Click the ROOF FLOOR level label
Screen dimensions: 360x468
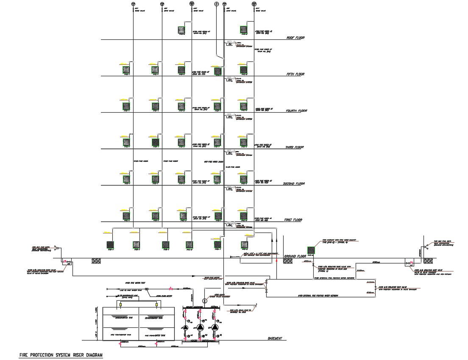(295, 38)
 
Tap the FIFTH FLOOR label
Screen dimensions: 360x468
(296, 74)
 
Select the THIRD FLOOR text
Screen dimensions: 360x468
(295, 147)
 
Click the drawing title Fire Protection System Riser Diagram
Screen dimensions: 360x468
(61, 355)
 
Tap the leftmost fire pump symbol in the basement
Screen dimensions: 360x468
(185, 327)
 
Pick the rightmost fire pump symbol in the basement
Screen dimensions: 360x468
(215, 327)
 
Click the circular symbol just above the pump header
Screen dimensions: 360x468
(204, 301)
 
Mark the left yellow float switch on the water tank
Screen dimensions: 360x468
(120, 305)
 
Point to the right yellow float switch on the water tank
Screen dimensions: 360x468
(156, 305)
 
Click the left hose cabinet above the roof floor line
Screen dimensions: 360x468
(181, 29)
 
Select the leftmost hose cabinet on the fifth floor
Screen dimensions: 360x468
(126, 69)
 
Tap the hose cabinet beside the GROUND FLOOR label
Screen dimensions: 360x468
(311, 250)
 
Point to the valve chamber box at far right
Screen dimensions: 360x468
(410, 263)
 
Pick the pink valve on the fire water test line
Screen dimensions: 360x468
(171, 288)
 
